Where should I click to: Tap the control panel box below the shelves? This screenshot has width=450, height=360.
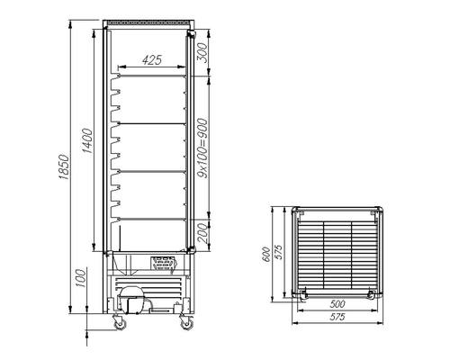click(x=163, y=263)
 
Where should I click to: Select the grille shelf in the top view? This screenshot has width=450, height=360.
click(x=335, y=255)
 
